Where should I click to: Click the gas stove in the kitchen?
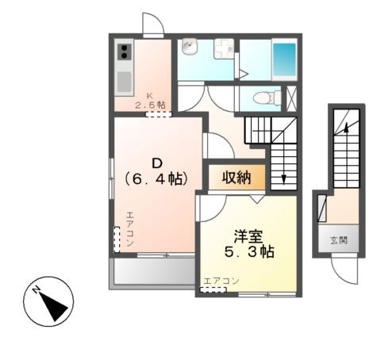point(125,53)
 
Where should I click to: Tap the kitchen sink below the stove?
point(125,80)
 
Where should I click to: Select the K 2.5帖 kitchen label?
point(150,100)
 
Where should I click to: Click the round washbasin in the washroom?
point(188,50)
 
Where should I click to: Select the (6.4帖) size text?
point(156,180)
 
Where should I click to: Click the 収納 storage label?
point(236,176)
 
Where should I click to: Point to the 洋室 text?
point(247,236)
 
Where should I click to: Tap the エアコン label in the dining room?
point(129,230)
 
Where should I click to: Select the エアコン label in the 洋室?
point(221,281)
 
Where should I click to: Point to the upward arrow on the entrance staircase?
point(346,123)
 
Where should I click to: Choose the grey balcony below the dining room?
point(153,272)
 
